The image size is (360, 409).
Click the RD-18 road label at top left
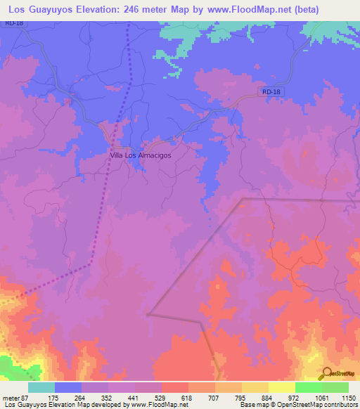click(x=13, y=23)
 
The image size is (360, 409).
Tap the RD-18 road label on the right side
click(x=270, y=91)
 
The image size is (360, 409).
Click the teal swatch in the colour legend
click(x=41, y=387)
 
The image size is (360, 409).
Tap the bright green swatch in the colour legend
click(x=308, y=387)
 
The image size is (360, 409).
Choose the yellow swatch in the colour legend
click(x=282, y=387)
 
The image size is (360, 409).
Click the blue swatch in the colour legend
click(x=68, y=387)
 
